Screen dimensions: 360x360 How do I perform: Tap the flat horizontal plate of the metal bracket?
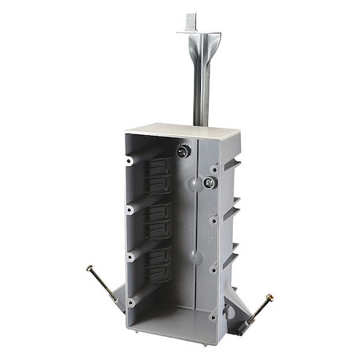pyautogui.click(x=198, y=33)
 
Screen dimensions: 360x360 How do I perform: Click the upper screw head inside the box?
pyautogui.click(x=185, y=151)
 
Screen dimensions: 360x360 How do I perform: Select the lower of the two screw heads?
pyautogui.click(x=209, y=182)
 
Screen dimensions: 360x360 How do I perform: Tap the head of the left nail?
pyautogui.click(x=90, y=268)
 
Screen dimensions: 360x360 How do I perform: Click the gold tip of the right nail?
pyautogui.click(x=269, y=297)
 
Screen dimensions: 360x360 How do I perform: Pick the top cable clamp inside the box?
pyautogui.click(x=159, y=174)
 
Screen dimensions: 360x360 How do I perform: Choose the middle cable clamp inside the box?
pyautogui.click(x=159, y=218)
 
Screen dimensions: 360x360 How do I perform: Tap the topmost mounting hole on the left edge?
pyautogui.click(x=129, y=162)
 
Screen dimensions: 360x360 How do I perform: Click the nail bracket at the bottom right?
pyautogui.click(x=240, y=308)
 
